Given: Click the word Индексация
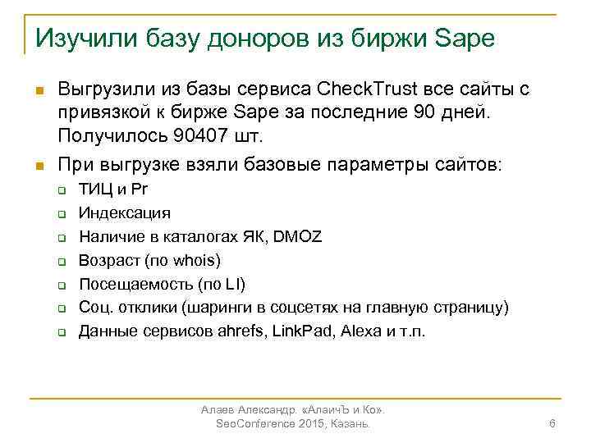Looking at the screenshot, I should point(125,213).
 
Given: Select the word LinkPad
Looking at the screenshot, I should point(303,332).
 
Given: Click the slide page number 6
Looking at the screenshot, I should point(552,423).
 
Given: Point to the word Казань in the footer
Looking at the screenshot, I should point(349,423).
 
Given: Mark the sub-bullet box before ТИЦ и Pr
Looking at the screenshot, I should point(61,190).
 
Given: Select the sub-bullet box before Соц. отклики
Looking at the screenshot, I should point(61,309).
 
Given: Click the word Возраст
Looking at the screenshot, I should point(108,261).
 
